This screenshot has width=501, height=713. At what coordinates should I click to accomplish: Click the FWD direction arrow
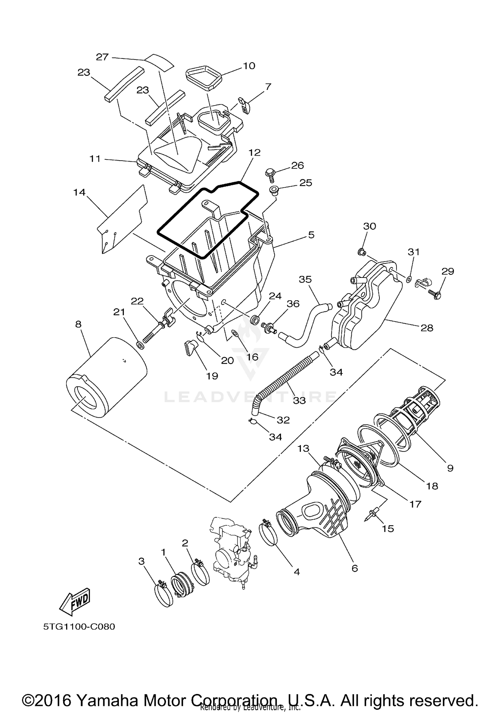click(75, 601)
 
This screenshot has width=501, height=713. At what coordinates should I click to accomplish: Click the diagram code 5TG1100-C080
click(79, 627)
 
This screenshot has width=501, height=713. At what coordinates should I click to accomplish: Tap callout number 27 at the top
click(102, 57)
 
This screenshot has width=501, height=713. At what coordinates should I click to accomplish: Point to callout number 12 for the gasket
click(254, 153)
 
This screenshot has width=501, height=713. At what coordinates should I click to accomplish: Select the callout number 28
click(427, 328)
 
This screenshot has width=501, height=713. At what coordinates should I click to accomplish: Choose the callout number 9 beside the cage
click(450, 468)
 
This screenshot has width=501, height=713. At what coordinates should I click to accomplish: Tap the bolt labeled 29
click(435, 294)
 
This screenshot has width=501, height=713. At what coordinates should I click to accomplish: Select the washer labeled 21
click(141, 344)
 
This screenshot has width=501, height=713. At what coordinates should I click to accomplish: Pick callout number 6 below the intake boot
click(355, 568)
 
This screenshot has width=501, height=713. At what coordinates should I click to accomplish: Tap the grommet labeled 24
click(255, 319)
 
